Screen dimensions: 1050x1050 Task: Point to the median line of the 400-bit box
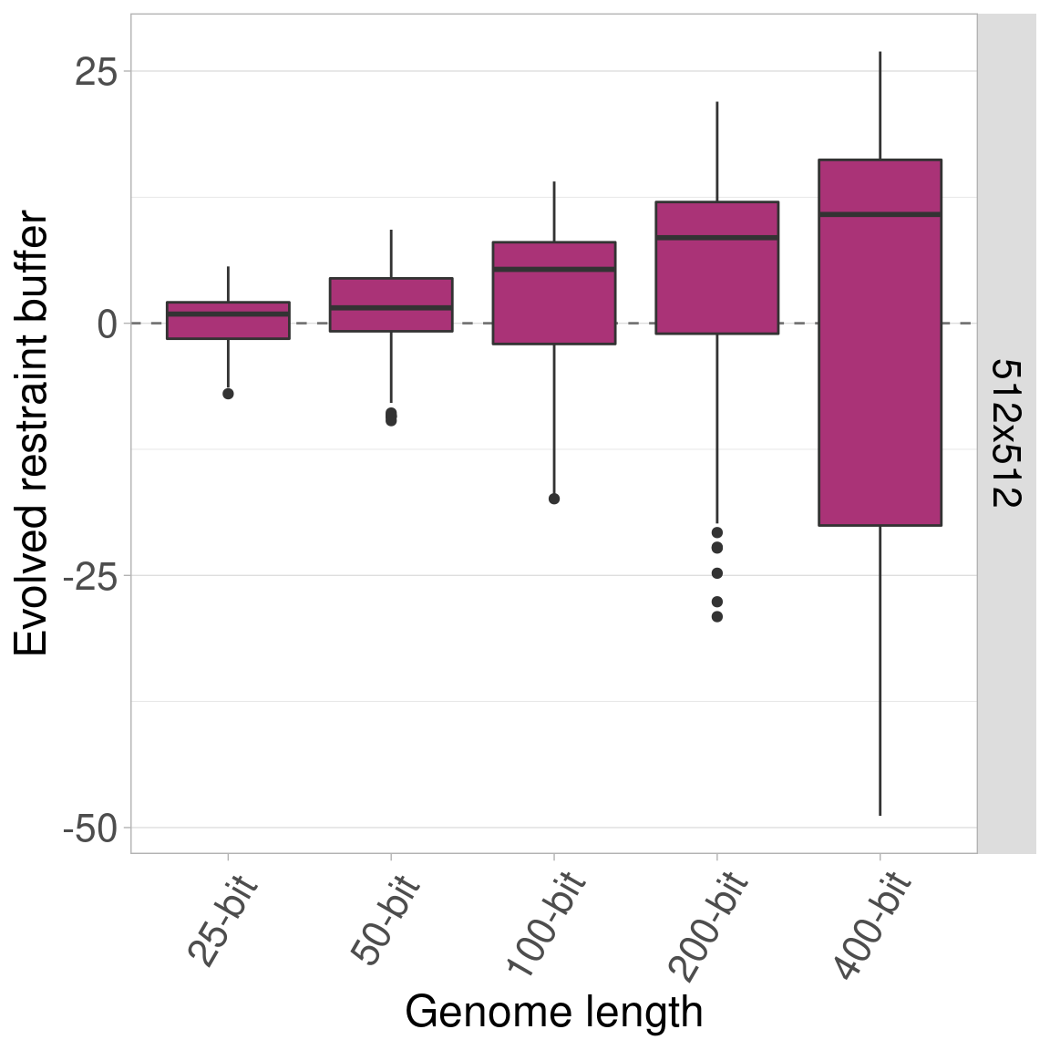point(880,214)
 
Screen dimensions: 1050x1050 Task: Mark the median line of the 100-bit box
point(554,269)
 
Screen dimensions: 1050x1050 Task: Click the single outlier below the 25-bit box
point(228,394)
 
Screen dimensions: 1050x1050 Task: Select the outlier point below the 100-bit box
point(554,499)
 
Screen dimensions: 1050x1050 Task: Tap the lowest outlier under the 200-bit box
point(717,617)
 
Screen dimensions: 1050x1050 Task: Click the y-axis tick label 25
point(95,72)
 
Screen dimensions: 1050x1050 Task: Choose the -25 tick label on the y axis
point(89,577)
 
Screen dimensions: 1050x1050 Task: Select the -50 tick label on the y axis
point(89,829)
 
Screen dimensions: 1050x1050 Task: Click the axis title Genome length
point(554,1012)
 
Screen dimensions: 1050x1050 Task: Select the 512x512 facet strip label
point(1006,433)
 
